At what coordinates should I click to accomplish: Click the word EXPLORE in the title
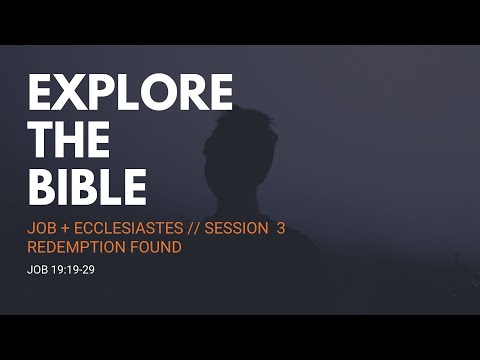pyautogui.click(x=130, y=93)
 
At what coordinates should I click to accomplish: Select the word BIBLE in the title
pyautogui.click(x=87, y=187)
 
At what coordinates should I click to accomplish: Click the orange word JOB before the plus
pyautogui.click(x=43, y=228)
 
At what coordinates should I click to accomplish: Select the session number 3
pyautogui.click(x=281, y=228)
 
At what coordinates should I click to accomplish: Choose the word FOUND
pyautogui.click(x=155, y=247)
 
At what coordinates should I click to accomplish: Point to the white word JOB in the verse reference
pyautogui.click(x=37, y=269)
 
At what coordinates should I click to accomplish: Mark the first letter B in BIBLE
pyautogui.click(x=42, y=187)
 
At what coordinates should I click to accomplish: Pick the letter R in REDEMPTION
pyautogui.click(x=32, y=247)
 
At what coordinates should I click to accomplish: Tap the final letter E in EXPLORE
pyautogui.click(x=218, y=93)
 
